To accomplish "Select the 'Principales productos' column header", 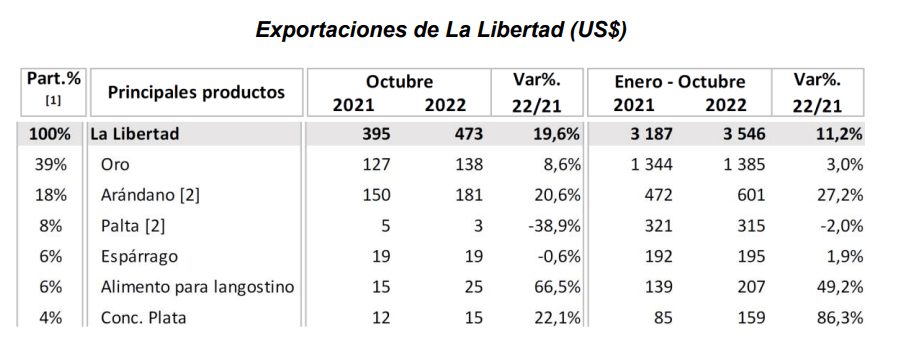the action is pyautogui.click(x=196, y=92).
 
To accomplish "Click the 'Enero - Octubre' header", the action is pyautogui.click(x=680, y=82).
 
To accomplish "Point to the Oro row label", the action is pyautogui.click(x=115, y=165).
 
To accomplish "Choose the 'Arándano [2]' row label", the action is pyautogui.click(x=150, y=195).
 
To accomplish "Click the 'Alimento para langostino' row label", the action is pyautogui.click(x=197, y=287).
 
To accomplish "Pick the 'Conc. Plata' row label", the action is pyautogui.click(x=143, y=317).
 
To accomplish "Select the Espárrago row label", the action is pyautogui.click(x=139, y=257).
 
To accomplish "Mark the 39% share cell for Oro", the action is pyautogui.click(x=51, y=165).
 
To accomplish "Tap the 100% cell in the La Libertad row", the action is pyautogui.click(x=51, y=134).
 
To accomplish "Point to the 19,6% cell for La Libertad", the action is pyautogui.click(x=552, y=134).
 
